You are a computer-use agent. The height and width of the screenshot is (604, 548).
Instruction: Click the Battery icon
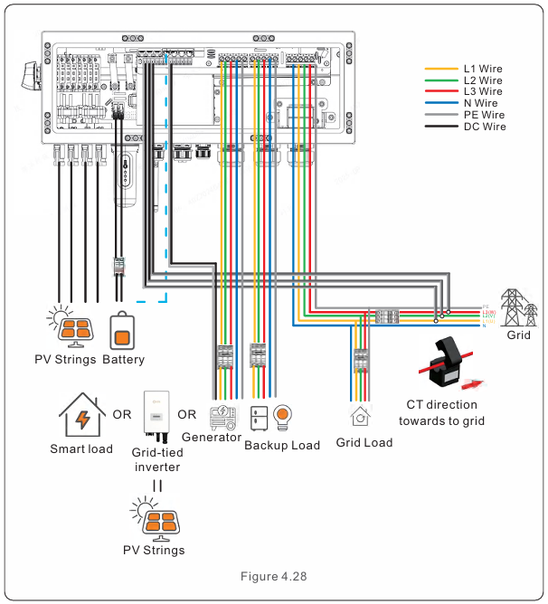coord(123,331)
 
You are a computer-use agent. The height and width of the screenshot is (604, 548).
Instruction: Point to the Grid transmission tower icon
coord(517,307)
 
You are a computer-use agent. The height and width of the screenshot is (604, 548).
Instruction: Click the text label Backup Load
coord(282,445)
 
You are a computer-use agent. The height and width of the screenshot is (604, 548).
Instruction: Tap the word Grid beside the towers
coord(518,335)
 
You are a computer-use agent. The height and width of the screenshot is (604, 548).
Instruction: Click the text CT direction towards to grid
coord(441,412)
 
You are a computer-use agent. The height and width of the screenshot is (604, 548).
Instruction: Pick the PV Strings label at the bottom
coord(154,550)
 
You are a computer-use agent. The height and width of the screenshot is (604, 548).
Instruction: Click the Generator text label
coord(211,437)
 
